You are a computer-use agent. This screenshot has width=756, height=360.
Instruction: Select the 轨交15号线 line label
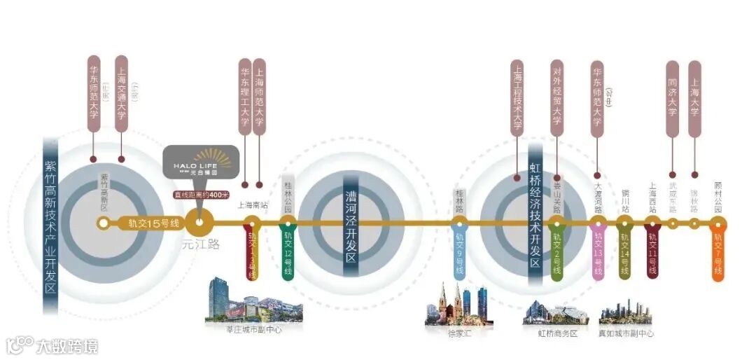(153, 223)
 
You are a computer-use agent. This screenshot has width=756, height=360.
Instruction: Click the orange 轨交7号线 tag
(717, 256)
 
